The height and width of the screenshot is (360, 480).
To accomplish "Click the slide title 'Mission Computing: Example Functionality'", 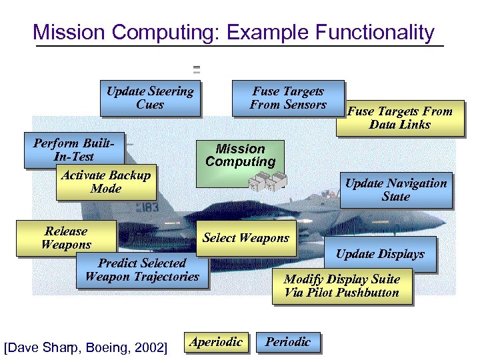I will click(233, 32).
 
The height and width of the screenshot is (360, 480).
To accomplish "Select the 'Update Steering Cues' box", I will click(150, 98).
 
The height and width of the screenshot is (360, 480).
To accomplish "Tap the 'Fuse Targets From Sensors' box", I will click(288, 98).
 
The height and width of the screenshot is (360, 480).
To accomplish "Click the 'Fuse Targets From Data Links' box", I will click(399, 118).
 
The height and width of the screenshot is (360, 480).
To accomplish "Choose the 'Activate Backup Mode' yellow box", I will click(106, 182).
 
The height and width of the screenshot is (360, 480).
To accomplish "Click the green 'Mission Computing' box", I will click(240, 156).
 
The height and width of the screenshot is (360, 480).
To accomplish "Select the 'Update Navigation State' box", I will click(395, 189).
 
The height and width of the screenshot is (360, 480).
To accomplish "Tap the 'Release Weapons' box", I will click(66, 238).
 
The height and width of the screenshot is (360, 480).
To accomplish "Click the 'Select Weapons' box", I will click(246, 238).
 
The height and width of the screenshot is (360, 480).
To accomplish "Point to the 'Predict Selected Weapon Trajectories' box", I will click(142, 270).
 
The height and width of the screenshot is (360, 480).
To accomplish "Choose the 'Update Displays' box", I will click(380, 254).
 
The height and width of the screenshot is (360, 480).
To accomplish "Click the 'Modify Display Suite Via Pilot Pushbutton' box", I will click(341, 286).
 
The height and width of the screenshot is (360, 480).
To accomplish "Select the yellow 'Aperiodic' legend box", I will click(216, 342).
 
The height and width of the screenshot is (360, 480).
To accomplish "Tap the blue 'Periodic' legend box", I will click(288, 342).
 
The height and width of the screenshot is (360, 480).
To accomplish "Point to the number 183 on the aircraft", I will click(148, 207).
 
